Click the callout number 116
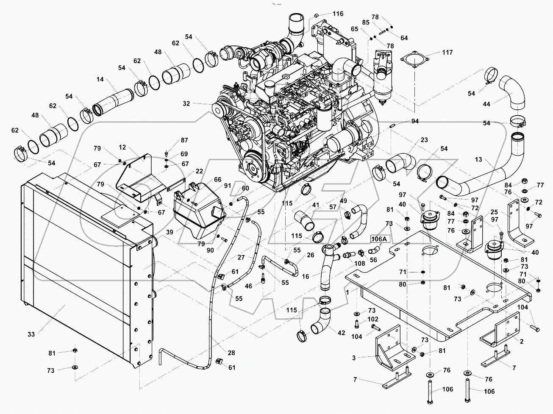(x=338, y=14)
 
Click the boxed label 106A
(x=379, y=239)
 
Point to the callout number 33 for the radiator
(x=31, y=334)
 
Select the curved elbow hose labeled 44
(x=514, y=92)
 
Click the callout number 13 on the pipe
(x=478, y=159)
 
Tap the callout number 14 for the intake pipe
(x=100, y=79)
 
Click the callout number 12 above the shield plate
(x=122, y=147)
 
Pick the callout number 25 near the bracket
(x=494, y=211)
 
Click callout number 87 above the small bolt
(x=172, y=140)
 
